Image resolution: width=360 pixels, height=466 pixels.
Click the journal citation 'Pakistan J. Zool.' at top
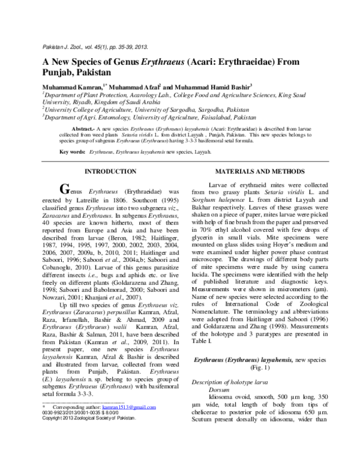click(x=64, y=46)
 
